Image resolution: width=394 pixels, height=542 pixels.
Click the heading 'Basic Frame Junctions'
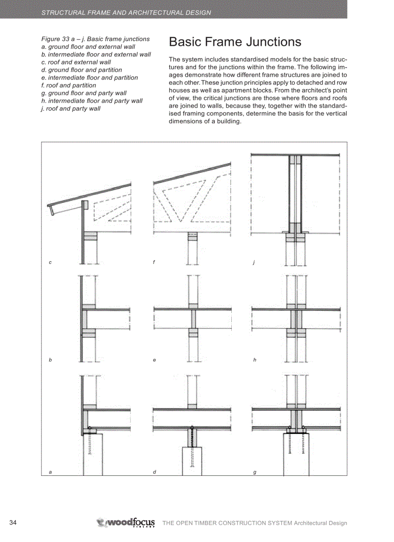(235, 42)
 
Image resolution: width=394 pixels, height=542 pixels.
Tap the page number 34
(14, 523)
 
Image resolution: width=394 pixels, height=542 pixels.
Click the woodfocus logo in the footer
(126, 523)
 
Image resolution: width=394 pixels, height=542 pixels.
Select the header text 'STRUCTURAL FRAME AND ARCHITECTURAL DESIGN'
(126, 13)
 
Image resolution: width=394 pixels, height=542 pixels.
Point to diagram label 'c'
(50, 263)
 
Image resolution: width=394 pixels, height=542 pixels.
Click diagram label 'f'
(154, 263)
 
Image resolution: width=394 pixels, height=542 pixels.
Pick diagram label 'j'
(253, 263)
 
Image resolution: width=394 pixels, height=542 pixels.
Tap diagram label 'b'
(50, 360)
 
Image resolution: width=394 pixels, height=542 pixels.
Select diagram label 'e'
(154, 360)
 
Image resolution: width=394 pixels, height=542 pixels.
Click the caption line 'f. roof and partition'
(69, 85)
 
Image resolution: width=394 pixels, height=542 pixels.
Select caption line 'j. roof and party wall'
(71, 109)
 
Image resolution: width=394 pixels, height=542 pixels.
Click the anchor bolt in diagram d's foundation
(192, 446)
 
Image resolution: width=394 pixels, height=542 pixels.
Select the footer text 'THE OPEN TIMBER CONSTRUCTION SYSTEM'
(227, 523)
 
